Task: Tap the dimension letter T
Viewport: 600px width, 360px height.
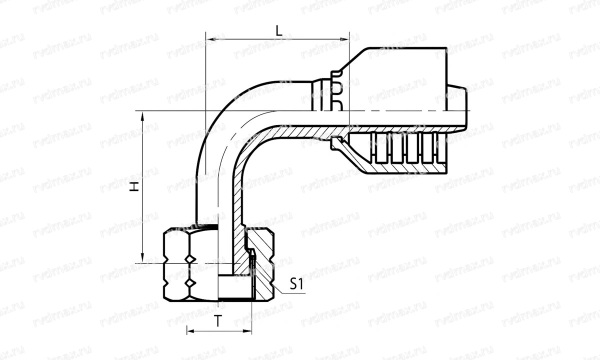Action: click(x=218, y=321)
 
